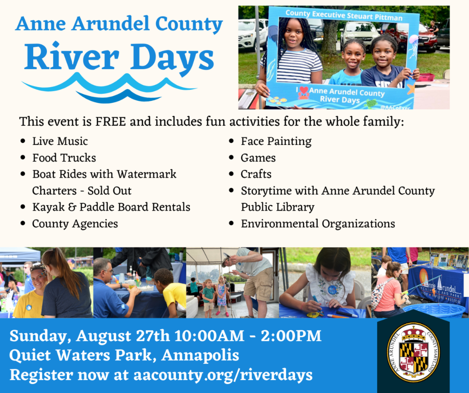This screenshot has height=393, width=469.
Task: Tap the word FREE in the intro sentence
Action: (111, 121)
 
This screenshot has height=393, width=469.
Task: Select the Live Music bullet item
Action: (60, 141)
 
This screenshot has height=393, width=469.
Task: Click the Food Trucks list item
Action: (64, 158)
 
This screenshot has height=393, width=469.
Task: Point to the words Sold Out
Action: (109, 191)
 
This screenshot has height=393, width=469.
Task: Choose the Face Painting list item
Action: (276, 142)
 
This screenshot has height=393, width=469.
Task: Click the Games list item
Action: (258, 158)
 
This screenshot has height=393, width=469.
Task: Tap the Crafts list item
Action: (256, 174)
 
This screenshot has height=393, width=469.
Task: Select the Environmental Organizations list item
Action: (318, 224)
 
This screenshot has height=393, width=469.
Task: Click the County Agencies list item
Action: (75, 224)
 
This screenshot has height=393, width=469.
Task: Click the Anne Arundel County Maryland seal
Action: (413, 352)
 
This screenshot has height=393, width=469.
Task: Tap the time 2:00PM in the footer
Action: (291, 336)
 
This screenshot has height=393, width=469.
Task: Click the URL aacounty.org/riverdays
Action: (223, 375)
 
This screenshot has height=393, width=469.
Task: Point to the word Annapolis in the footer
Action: (200, 356)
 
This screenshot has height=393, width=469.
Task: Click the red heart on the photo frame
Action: (304, 90)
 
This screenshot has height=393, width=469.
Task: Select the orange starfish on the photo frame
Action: (411, 89)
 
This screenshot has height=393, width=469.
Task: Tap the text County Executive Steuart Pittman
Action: (344, 15)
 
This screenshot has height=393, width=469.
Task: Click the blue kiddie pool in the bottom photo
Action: (435, 311)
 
